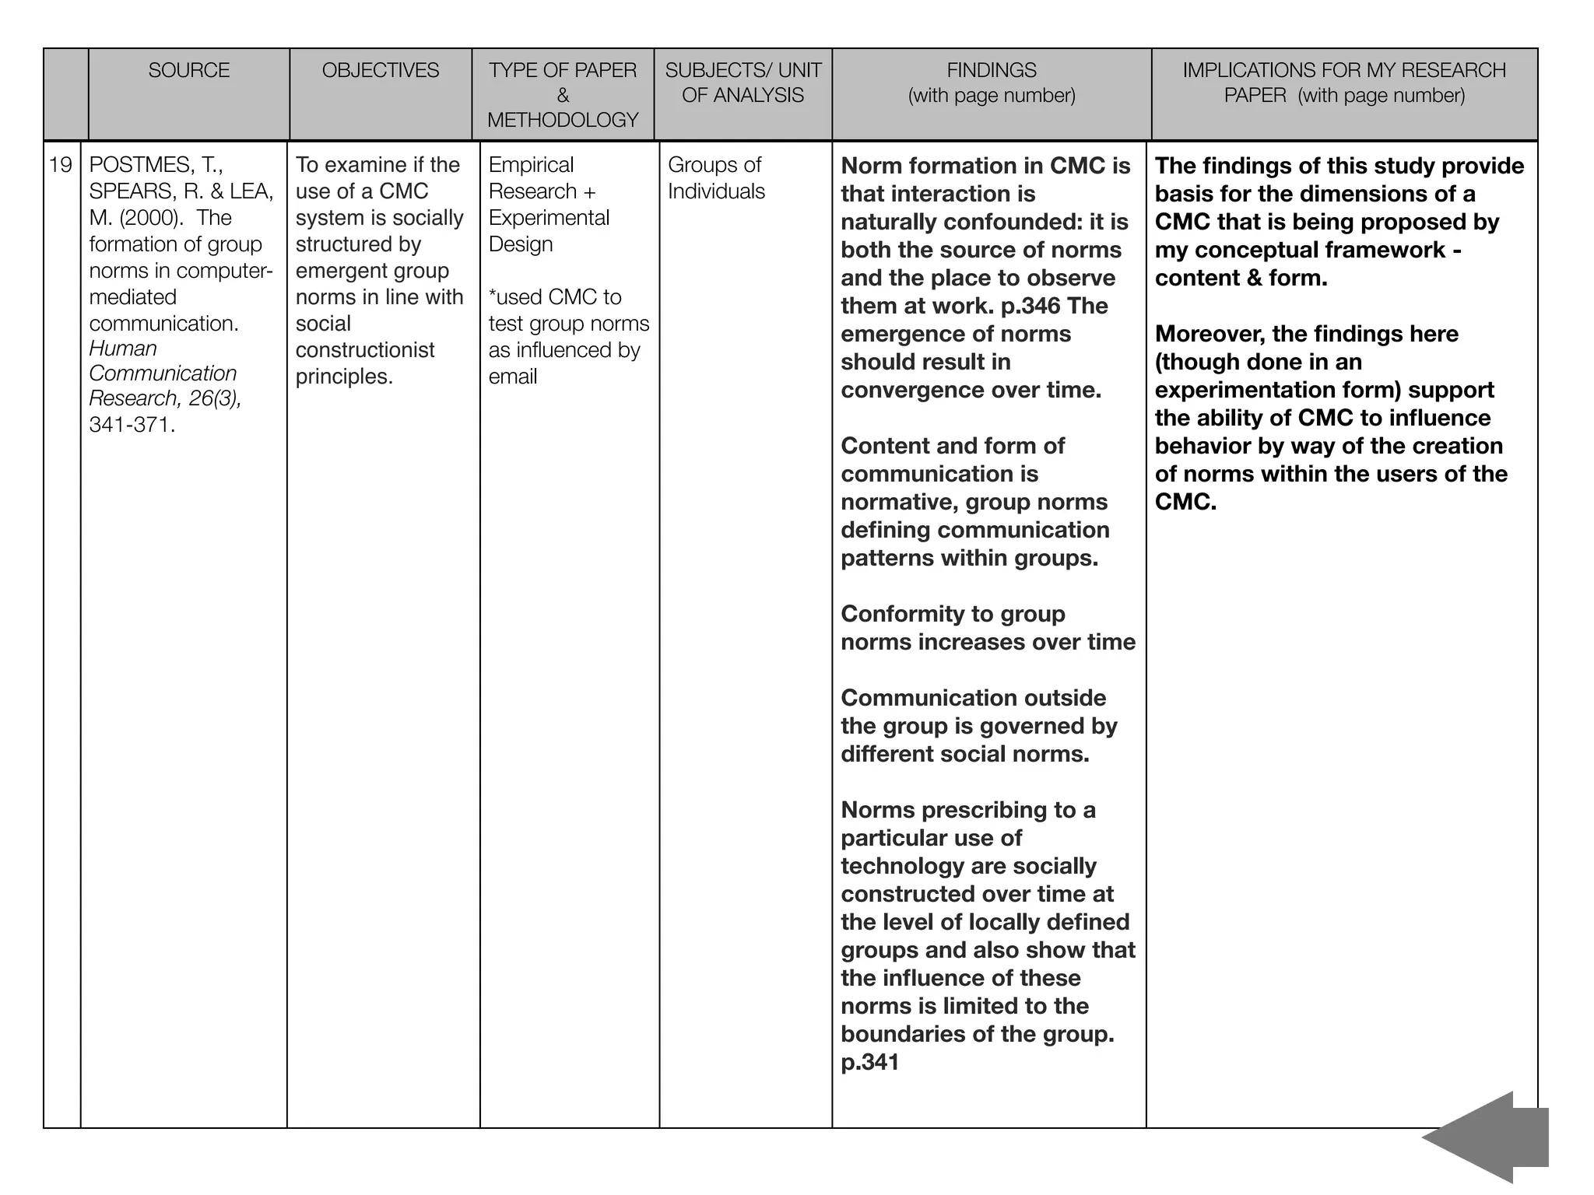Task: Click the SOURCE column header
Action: (x=189, y=71)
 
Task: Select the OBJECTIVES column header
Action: (x=381, y=71)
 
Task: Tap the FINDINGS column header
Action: (x=992, y=71)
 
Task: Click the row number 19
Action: (x=61, y=165)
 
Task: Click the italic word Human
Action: (x=123, y=349)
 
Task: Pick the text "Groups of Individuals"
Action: (x=715, y=178)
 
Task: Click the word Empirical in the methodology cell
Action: (x=531, y=165)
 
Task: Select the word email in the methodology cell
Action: (x=513, y=377)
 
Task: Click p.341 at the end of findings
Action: (x=869, y=1062)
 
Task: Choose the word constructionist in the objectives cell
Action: (x=365, y=350)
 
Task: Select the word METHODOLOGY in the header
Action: (x=563, y=120)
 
